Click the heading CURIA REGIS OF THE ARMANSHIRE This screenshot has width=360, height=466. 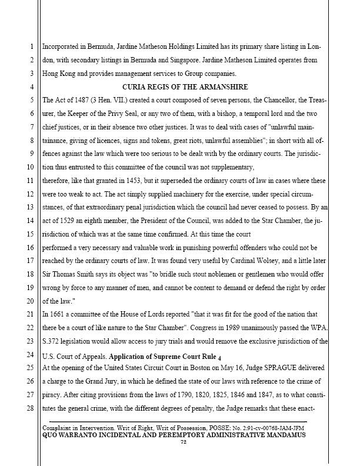[181, 87]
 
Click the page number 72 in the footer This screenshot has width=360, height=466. [183, 442]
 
